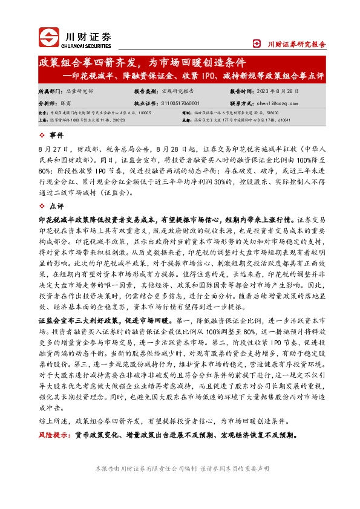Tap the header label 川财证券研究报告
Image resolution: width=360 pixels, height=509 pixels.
(296, 44)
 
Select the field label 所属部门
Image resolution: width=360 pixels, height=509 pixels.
(50, 91)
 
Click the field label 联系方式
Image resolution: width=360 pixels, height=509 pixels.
(242, 103)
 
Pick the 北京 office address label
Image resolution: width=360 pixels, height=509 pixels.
(43, 113)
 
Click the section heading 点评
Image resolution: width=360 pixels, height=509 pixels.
(56, 207)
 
